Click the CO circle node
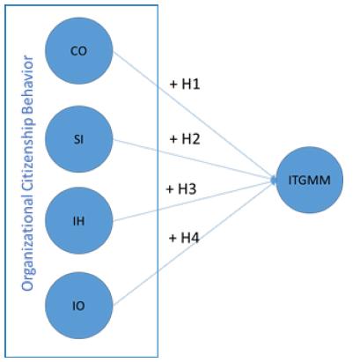click(77, 51)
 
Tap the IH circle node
click(77, 220)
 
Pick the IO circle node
click(77, 307)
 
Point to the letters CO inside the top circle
click(77, 51)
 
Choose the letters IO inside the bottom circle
click(77, 307)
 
